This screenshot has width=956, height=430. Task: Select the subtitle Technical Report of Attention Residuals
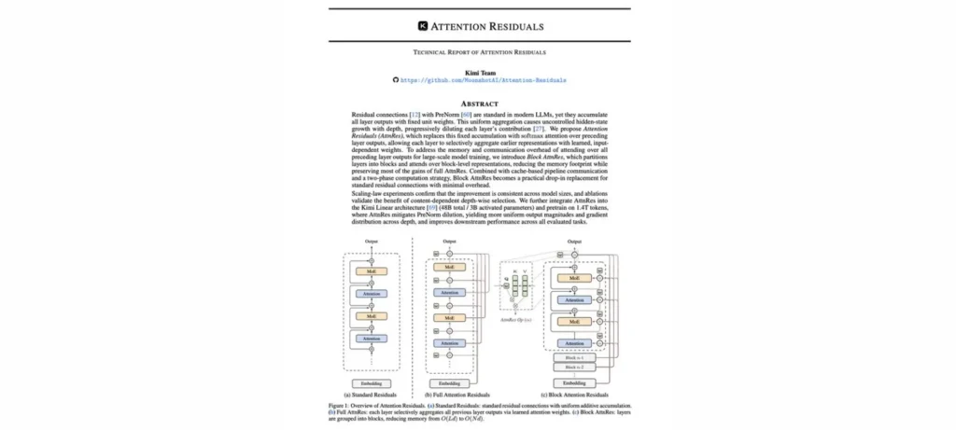click(478, 53)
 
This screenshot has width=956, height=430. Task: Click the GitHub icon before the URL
click(396, 81)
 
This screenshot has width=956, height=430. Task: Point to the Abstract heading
click(478, 103)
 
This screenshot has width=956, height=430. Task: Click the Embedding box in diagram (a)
click(372, 383)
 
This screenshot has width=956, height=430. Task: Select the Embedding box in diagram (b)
click(448, 383)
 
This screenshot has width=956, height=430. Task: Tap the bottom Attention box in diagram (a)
click(372, 339)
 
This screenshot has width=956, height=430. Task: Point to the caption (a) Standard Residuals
click(372, 395)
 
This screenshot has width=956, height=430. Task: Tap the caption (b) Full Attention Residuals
click(448, 395)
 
